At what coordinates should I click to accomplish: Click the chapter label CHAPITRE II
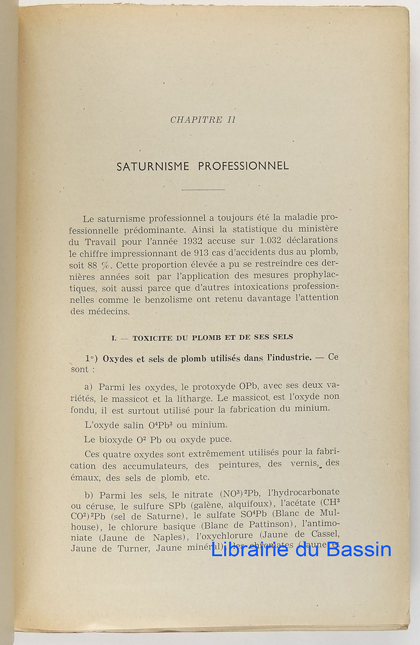202,120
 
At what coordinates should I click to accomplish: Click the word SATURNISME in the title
153,166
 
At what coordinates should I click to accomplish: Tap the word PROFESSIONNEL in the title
243,166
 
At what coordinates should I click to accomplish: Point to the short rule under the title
202,190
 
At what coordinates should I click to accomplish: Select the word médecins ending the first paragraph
111,311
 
